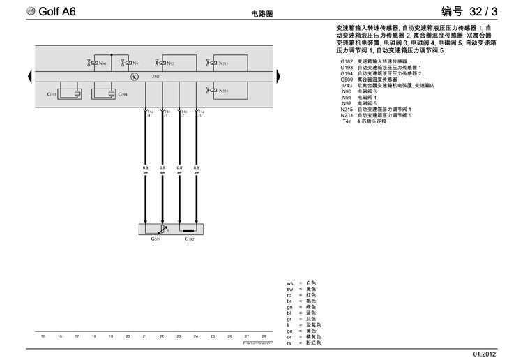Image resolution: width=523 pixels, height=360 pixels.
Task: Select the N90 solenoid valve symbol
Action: pyautogui.click(x=93, y=63)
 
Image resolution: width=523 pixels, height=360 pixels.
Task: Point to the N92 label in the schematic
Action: pyautogui.click(x=171, y=63)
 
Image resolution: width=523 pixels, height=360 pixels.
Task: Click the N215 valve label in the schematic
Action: pyautogui.click(x=223, y=63)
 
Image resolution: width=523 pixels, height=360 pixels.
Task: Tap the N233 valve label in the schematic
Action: pyautogui.click(x=223, y=91)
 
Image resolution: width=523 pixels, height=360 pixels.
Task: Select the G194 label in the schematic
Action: pyautogui.click(x=123, y=94)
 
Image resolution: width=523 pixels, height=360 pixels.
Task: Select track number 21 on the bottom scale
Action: pyautogui.click(x=144, y=336)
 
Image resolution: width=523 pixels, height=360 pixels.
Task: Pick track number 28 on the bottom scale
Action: pyautogui.click(x=264, y=336)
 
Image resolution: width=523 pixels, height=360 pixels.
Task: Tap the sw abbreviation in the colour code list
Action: pyautogui.click(x=289, y=288)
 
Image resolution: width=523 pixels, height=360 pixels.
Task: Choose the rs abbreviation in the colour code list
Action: pyautogui.click(x=289, y=343)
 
